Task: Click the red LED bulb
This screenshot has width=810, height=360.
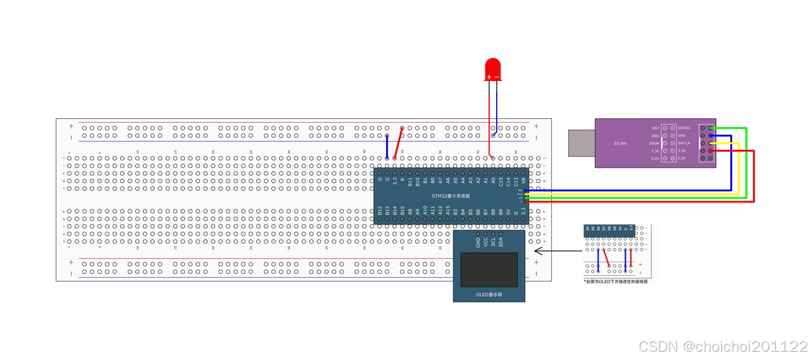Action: pos(492,69)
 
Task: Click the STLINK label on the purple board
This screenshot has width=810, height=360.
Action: pos(620,144)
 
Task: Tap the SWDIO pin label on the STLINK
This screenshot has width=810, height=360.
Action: pos(684,128)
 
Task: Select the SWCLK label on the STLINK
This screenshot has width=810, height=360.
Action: pos(684,143)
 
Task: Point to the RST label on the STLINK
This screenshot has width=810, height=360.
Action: pos(656,128)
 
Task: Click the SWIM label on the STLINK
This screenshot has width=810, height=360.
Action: pos(655,143)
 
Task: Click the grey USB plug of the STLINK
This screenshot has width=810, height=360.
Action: pos(581,142)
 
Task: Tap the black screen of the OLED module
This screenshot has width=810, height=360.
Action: pos(489,270)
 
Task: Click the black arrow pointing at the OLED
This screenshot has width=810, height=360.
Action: pos(557,251)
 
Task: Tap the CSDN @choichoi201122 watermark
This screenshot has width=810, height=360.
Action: pos(723,347)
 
